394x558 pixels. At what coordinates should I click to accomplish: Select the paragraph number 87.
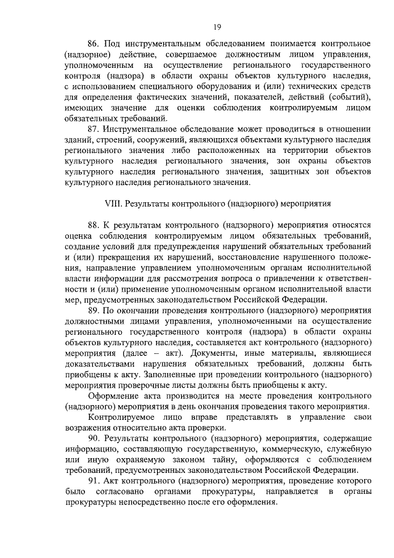pos(94,128)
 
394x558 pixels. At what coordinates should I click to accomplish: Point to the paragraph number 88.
pos(94,226)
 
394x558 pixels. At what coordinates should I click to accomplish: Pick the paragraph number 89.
pos(94,310)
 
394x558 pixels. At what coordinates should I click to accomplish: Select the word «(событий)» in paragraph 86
pos(349,96)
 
